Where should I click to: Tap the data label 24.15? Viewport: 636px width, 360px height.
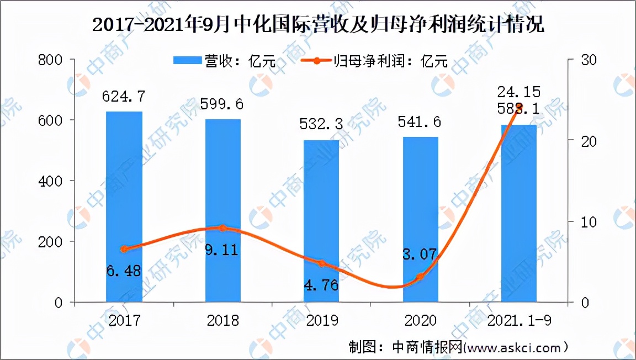(518, 91)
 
